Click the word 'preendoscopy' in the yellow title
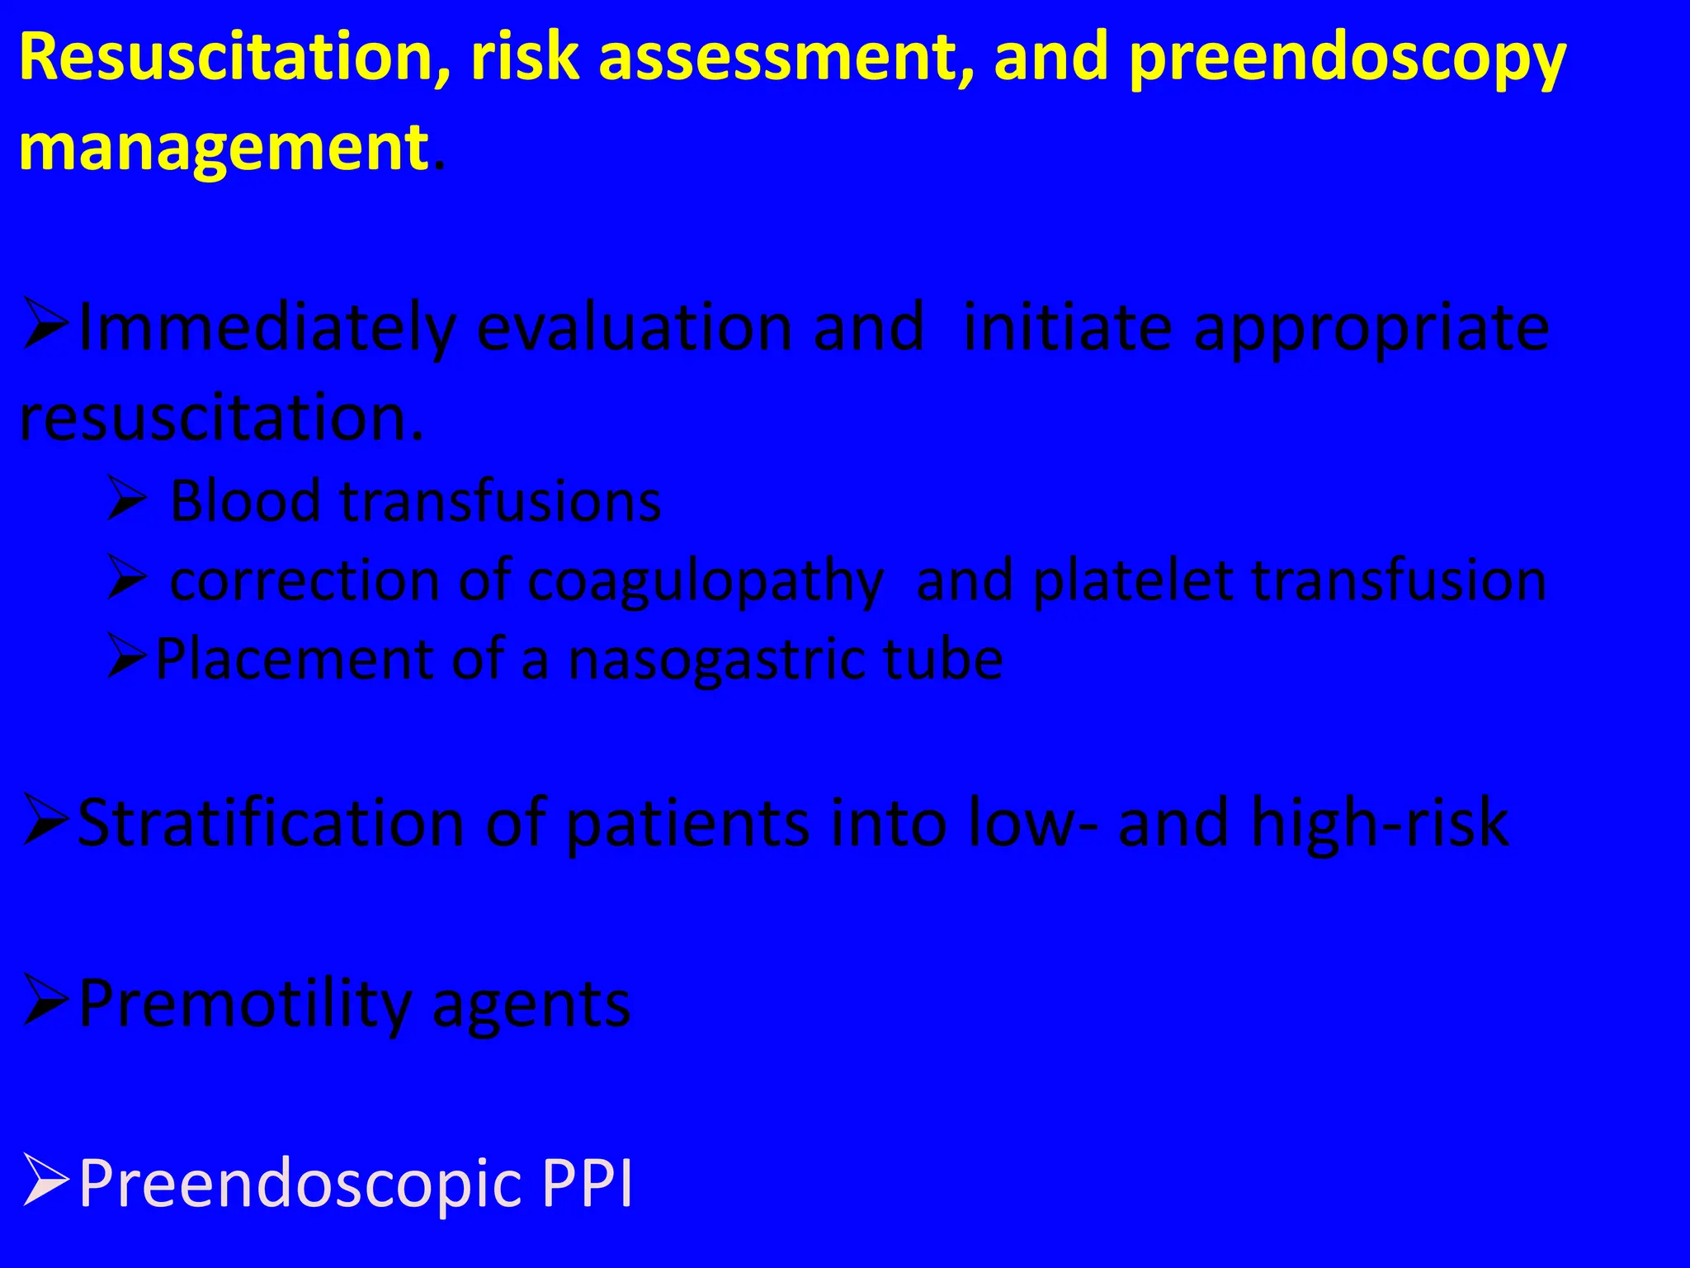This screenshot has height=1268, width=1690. (x=1347, y=59)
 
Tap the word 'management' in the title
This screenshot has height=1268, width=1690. (x=223, y=149)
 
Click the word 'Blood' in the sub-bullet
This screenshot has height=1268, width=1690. (x=245, y=501)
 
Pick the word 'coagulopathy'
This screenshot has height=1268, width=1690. (x=706, y=583)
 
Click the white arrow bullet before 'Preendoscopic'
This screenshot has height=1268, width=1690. (x=45, y=1180)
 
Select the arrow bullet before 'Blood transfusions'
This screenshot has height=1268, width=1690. (x=126, y=501)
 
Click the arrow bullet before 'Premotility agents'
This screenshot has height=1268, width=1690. (x=45, y=1000)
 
